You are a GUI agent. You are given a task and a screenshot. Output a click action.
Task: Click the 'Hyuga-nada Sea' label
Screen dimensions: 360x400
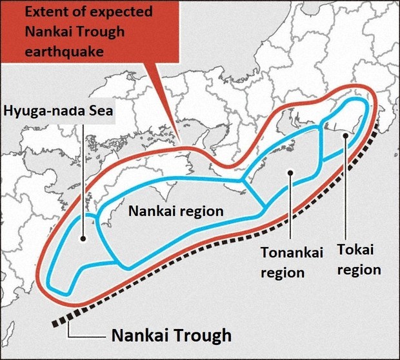click(59, 111)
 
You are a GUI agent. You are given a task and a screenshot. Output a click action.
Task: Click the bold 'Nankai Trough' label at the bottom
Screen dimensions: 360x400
click(171, 335)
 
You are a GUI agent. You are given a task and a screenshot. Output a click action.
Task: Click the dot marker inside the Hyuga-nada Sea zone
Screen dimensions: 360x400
click(83, 238)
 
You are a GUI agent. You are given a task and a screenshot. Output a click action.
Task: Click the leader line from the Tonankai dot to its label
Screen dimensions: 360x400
click(292, 206)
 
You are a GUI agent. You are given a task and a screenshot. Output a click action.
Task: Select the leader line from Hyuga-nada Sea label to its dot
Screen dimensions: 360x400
click(84, 174)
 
